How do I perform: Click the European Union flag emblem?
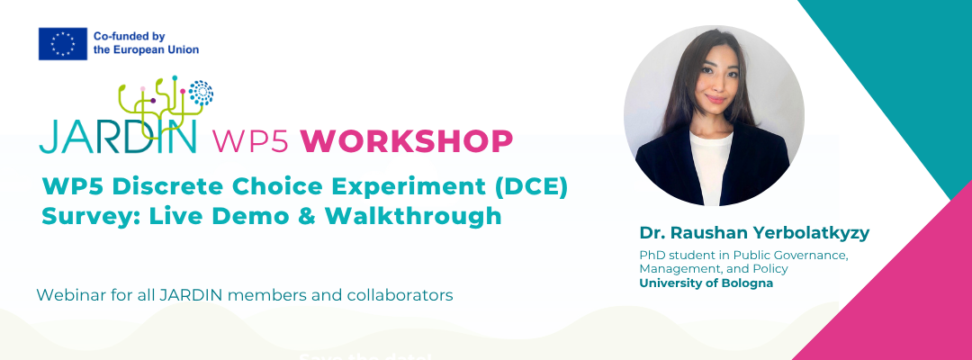coord(62,43)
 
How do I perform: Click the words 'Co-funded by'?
coord(130,36)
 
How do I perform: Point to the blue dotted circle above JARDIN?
coord(201,93)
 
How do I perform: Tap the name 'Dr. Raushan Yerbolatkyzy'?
coord(754,233)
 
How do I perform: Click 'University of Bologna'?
coord(706,283)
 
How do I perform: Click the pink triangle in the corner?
coord(900,297)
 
